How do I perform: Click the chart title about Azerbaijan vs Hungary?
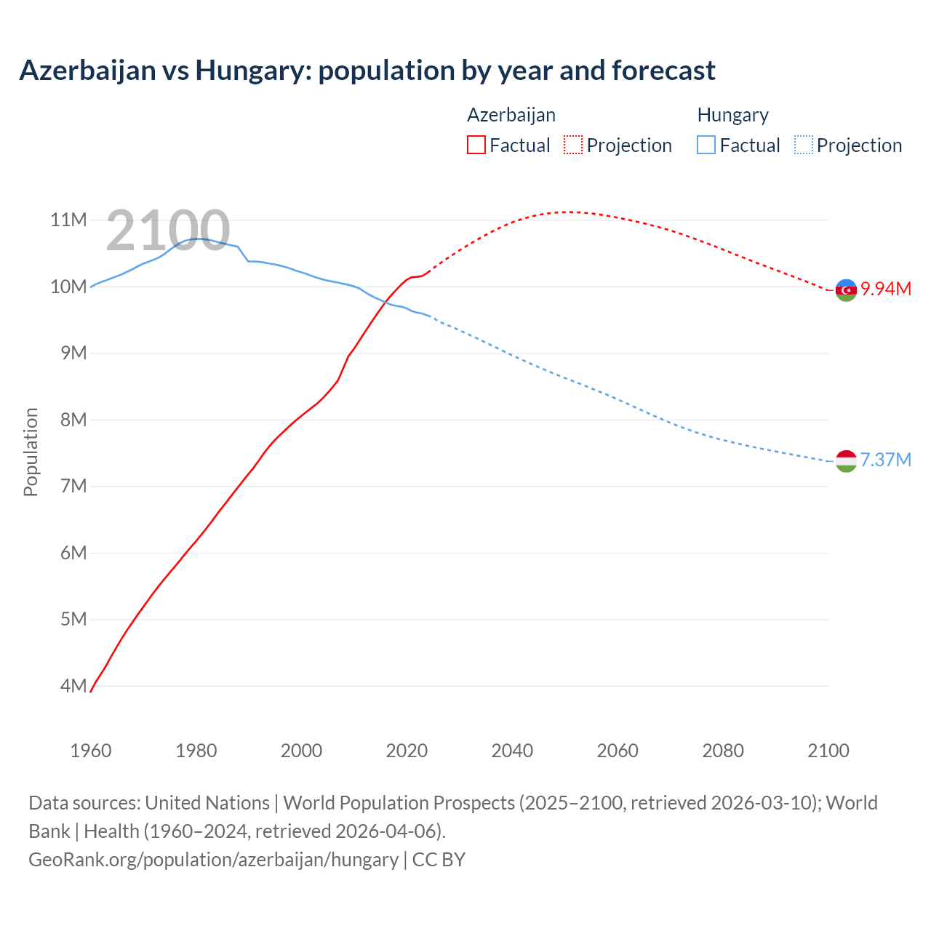point(367,71)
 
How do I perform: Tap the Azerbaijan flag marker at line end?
point(846,290)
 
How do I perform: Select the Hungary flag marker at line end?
point(846,461)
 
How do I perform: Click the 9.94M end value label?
point(886,289)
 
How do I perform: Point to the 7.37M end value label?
point(886,460)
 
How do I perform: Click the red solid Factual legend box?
point(476,145)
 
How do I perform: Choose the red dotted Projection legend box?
point(573,145)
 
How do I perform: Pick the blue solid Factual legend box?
point(706,145)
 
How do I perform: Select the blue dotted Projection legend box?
point(803,145)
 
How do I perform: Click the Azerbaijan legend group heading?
point(511,115)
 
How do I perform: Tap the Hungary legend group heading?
point(732,115)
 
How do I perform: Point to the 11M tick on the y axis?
point(68,220)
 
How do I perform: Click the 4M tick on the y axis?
point(73,686)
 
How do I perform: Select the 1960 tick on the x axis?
point(91,751)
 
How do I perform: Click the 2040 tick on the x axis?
point(512,751)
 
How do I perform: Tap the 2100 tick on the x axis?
point(828,751)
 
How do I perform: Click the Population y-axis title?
point(31,452)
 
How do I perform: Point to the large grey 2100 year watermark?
point(168,231)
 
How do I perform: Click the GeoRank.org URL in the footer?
point(213,860)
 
